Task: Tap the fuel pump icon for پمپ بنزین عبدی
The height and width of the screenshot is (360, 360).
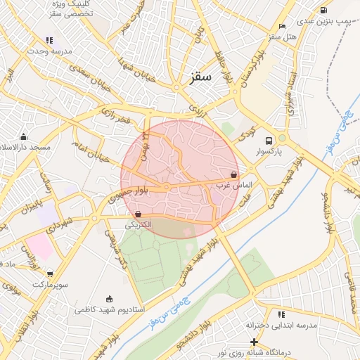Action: [323, 10]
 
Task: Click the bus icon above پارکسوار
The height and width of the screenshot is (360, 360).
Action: [269, 139]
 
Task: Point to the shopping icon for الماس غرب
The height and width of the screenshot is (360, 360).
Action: [233, 174]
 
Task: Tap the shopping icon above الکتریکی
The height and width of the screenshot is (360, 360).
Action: [137, 214]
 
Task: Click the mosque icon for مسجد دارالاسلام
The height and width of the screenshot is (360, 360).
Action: [24, 136]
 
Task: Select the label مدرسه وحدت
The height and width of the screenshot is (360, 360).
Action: [47, 51]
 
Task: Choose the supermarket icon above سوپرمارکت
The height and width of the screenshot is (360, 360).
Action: [49, 274]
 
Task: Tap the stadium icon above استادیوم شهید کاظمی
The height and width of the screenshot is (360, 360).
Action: [108, 298]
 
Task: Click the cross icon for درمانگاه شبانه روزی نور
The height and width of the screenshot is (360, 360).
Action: [254, 342]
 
